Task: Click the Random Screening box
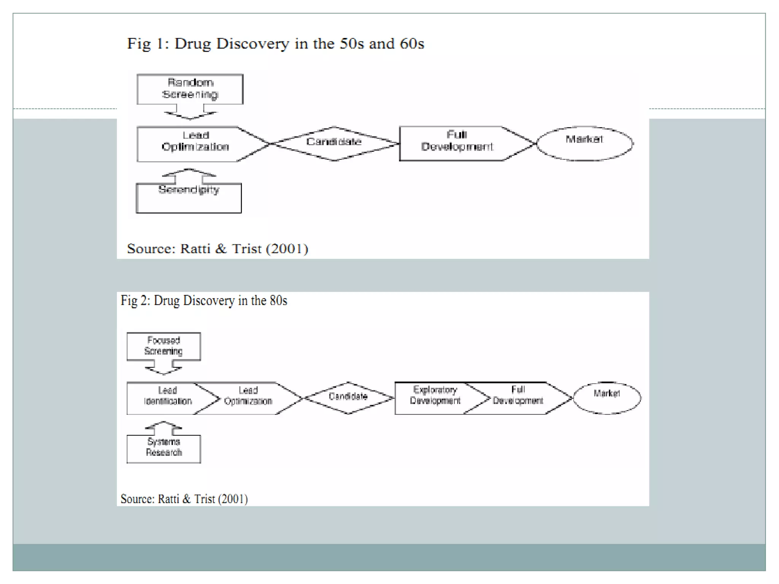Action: (190, 89)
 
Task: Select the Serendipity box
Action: (189, 198)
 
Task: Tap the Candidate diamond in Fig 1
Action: (334, 143)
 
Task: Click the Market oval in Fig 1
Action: (585, 143)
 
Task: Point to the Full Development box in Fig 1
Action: (456, 144)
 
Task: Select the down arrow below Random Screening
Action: (190, 112)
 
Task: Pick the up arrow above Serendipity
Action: (189, 175)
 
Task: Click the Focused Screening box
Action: (164, 346)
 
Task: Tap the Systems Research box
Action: (164, 449)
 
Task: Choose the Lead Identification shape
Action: (167, 398)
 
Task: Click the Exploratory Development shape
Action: (435, 398)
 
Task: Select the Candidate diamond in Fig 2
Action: (348, 398)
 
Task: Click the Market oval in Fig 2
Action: (607, 398)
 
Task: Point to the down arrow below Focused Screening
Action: (164, 368)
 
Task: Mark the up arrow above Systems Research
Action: (164, 428)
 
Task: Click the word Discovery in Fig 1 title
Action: (253, 44)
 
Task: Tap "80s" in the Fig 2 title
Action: (278, 300)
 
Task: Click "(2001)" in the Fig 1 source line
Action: (287, 249)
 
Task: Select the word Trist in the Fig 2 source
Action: (205, 498)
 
